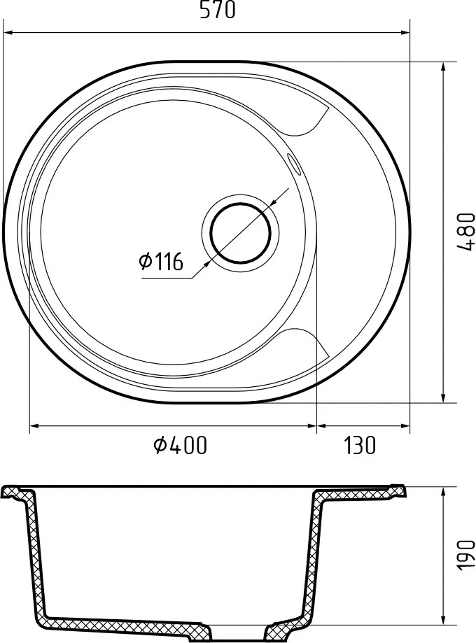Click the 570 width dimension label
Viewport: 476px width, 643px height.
click(x=218, y=10)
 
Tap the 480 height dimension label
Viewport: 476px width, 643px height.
click(x=465, y=231)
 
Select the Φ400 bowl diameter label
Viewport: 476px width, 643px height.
click(x=180, y=446)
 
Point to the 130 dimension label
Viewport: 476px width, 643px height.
click(x=360, y=446)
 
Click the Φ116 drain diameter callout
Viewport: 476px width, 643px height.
click(x=161, y=261)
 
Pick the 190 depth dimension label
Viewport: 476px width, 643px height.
click(x=465, y=556)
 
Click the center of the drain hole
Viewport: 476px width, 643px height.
click(x=241, y=232)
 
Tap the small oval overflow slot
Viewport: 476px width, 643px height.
click(x=293, y=160)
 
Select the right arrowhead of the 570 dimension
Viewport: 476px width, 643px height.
click(x=405, y=32)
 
